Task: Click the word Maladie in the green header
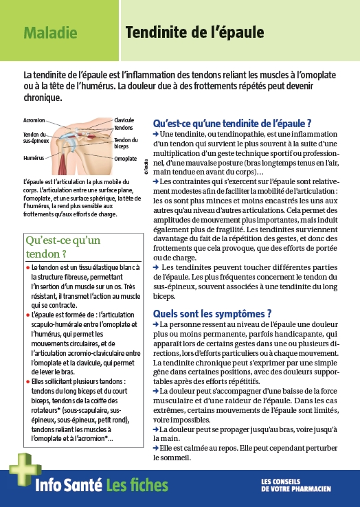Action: pos(50,32)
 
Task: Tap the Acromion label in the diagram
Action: pos(34,120)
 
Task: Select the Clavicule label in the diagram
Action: pos(124,120)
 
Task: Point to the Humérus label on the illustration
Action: pos(34,157)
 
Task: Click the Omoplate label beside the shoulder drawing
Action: pos(125,158)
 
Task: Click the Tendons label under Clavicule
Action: pos(123,128)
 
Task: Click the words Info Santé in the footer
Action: pos(68,486)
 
